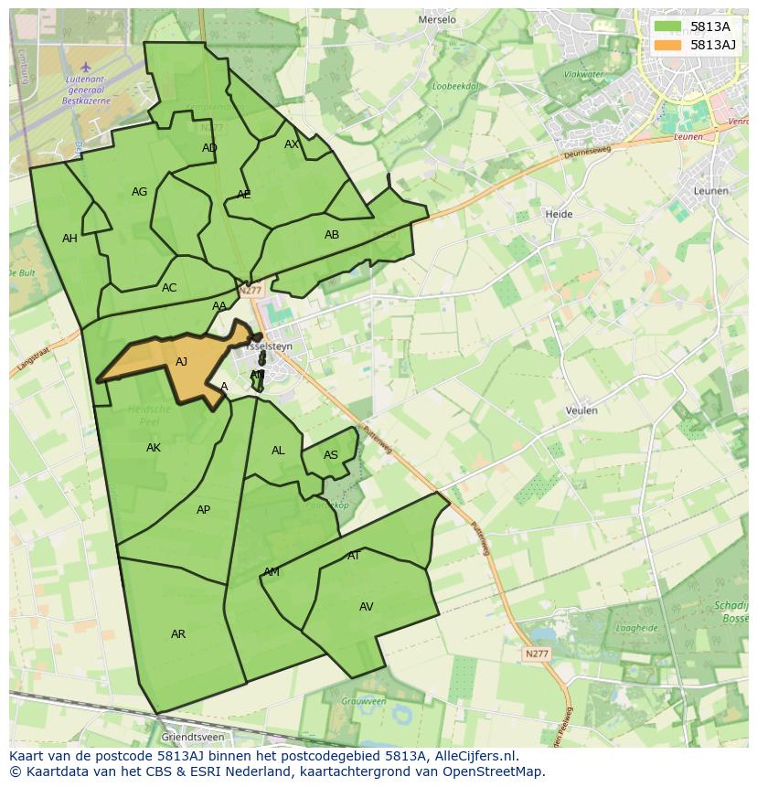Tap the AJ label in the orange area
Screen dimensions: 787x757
point(181,362)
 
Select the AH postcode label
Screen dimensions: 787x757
point(69,239)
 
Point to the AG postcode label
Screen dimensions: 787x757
point(139,192)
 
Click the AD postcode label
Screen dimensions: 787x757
point(209,148)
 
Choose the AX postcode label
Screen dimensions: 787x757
point(292,144)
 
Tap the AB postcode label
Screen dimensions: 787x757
point(332,235)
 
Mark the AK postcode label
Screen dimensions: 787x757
point(154,448)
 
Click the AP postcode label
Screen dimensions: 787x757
point(203,510)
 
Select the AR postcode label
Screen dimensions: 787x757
point(178,634)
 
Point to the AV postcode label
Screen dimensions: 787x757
point(366,607)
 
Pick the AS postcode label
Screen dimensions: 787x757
point(331,455)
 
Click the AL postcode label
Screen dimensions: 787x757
point(278,451)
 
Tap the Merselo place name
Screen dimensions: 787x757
point(436,19)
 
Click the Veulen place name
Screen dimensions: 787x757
point(581,410)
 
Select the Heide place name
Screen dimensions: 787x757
point(559,214)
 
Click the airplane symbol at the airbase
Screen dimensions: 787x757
point(86,67)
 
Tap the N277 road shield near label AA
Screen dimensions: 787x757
point(250,291)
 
